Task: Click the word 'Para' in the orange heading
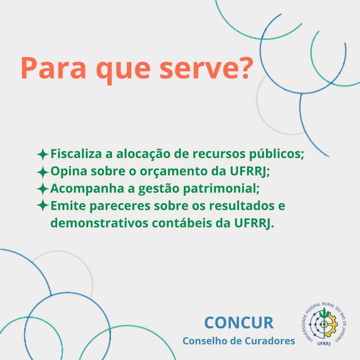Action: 53,68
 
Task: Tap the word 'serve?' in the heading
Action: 206,68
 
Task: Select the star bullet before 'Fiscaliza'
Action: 43,154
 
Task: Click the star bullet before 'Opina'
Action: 43,172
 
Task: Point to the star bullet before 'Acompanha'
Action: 43,189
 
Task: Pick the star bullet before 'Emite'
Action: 43,205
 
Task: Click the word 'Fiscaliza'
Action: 76,154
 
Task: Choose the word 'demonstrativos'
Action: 99,223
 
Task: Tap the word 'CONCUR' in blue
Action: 239,323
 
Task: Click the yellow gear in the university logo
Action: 331,324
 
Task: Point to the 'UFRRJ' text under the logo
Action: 324,343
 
